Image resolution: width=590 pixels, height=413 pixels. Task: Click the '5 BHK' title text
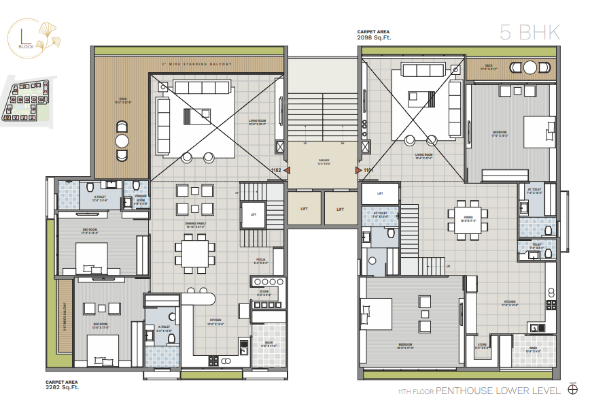(x=529, y=32)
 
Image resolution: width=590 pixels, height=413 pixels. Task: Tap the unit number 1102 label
(x=276, y=170)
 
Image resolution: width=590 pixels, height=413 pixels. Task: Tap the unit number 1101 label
(x=368, y=170)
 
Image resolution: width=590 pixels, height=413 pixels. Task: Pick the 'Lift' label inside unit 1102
(x=254, y=214)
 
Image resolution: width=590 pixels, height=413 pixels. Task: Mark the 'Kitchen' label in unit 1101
(x=509, y=304)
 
